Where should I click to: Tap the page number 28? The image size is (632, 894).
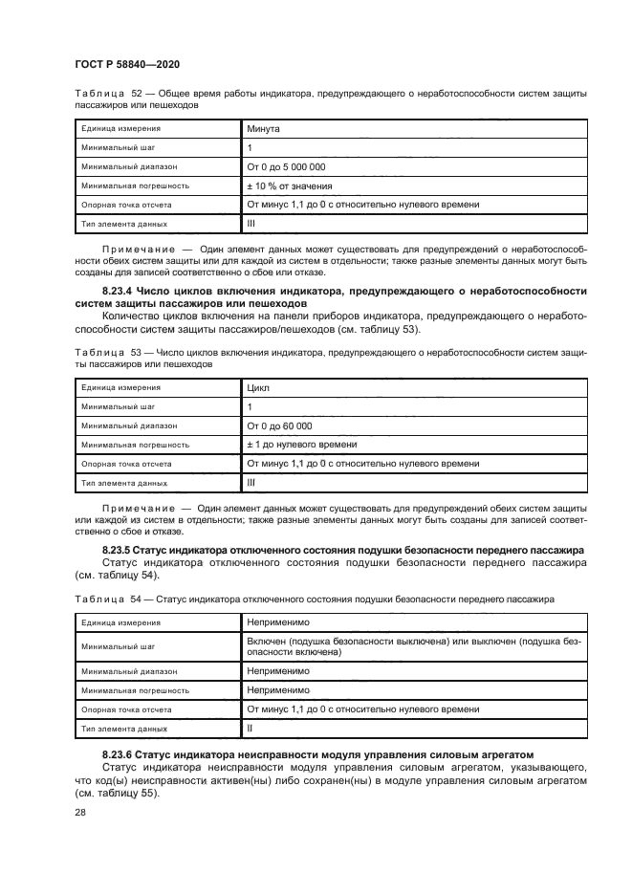tap(81, 811)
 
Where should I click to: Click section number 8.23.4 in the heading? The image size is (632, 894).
tap(118, 291)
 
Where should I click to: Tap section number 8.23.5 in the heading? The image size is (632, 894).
tap(118, 550)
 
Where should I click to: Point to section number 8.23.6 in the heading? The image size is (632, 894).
tap(118, 756)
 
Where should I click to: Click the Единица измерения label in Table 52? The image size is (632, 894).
tap(120, 127)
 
